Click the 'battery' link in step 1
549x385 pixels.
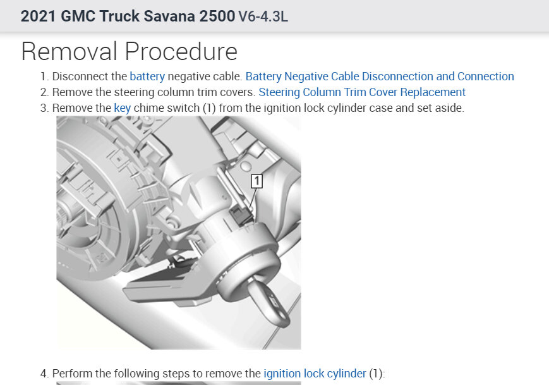click(147, 76)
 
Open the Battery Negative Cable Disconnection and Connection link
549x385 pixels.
click(380, 76)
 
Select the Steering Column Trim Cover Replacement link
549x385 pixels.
click(362, 92)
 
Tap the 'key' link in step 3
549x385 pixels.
click(122, 108)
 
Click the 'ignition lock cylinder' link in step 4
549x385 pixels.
click(315, 374)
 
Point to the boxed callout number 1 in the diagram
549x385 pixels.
click(256, 181)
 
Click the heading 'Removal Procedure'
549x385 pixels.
click(130, 51)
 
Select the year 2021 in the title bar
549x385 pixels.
click(38, 16)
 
